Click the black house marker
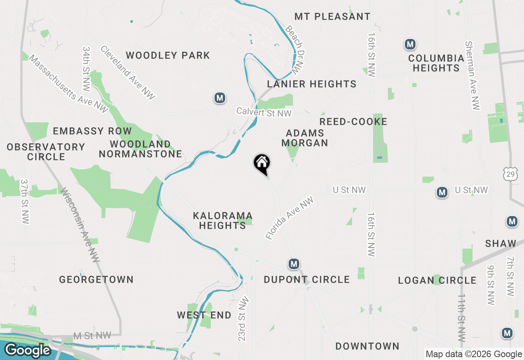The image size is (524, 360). coord(262,163)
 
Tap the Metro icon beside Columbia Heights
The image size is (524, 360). coord(410,44)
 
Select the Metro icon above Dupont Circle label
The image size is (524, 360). coord(294,264)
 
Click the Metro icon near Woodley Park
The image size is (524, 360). coord(220,98)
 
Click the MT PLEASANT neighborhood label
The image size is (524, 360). coord(332,17)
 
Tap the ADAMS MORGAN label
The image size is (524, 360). coord(305,138)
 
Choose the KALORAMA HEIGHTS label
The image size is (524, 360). coord(223,220)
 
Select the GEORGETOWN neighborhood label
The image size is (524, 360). coord(96,280)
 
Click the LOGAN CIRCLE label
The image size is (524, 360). coord(437,281)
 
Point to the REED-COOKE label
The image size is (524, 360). coord(353,122)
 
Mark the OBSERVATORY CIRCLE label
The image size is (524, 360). coord(46,152)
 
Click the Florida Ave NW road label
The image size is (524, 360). coord(289,218)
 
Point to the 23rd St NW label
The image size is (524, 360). coord(243,318)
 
